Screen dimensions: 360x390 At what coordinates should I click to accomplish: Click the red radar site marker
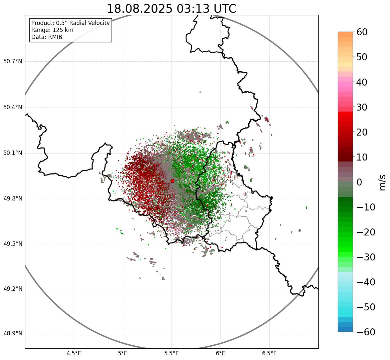(x=172, y=181)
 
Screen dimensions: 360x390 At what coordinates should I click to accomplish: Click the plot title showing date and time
(x=171, y=9)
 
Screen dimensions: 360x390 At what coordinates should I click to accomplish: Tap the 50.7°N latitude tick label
(x=13, y=61)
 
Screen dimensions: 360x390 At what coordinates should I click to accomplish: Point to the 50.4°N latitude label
(x=13, y=107)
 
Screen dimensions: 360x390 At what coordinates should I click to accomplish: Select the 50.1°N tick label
(x=13, y=153)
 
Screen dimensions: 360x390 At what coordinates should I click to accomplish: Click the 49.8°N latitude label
(x=13, y=198)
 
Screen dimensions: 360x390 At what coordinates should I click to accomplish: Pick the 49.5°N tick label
(x=13, y=244)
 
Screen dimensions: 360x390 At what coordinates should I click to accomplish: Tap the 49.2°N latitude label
(x=13, y=289)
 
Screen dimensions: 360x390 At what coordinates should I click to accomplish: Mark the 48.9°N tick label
(x=13, y=334)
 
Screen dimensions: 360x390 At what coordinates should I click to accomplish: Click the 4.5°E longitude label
(x=74, y=353)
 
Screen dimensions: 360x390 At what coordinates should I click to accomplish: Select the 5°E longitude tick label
(x=123, y=353)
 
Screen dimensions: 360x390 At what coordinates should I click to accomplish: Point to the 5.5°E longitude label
(x=172, y=353)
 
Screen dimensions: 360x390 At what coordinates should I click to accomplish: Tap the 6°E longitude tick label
(x=220, y=353)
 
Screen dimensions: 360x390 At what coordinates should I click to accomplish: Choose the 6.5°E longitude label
(x=269, y=353)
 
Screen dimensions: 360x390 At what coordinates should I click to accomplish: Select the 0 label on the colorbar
(x=359, y=182)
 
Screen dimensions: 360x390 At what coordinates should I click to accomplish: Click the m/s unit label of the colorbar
(x=382, y=182)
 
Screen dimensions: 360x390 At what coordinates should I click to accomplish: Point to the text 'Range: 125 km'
(x=52, y=30)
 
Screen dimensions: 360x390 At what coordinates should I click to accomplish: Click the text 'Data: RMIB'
(x=47, y=37)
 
